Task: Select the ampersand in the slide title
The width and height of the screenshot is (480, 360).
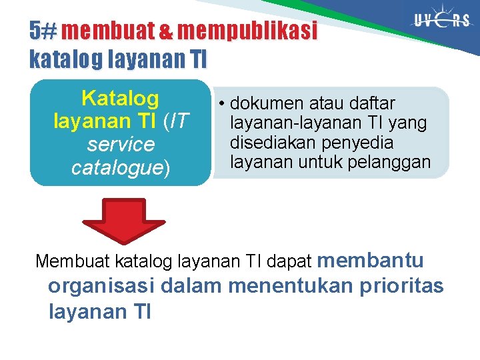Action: [x=165, y=31]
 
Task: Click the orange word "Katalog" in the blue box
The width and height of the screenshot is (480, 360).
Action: [x=120, y=99]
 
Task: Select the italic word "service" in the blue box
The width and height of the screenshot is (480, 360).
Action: [x=121, y=145]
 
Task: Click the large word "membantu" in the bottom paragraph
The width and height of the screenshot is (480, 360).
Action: [x=377, y=259]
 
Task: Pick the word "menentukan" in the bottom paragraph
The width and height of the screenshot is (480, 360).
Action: [x=291, y=286]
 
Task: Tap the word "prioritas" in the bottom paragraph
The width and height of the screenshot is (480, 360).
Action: [x=401, y=286]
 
